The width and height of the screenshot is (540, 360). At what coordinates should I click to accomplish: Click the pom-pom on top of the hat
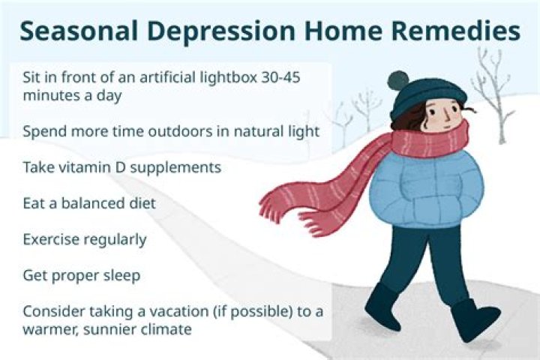click(x=398, y=79)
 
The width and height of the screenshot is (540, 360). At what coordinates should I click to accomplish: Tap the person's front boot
click(x=475, y=318)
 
